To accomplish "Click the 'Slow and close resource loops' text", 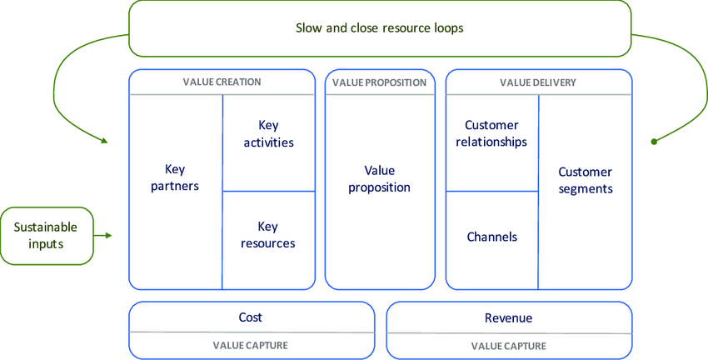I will coord(379,27).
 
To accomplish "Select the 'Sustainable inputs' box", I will coord(47,236).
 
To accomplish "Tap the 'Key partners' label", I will coord(175,176).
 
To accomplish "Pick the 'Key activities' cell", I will coord(268,133).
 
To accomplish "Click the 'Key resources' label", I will coord(268,235).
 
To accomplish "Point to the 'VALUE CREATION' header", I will coord(222,82).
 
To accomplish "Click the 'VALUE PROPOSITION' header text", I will coord(379,82).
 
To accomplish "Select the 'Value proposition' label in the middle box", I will coord(379,178).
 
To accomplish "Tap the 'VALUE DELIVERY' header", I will coord(537,82).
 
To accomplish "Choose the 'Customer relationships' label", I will coord(491,133).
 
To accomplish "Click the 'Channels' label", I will coord(491,237).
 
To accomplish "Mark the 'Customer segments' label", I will coord(585,180).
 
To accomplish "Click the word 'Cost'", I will coord(250,317).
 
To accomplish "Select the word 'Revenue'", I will coord(508,317).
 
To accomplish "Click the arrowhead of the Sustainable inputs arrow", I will coord(108,236).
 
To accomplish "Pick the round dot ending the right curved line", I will coord(655,142).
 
